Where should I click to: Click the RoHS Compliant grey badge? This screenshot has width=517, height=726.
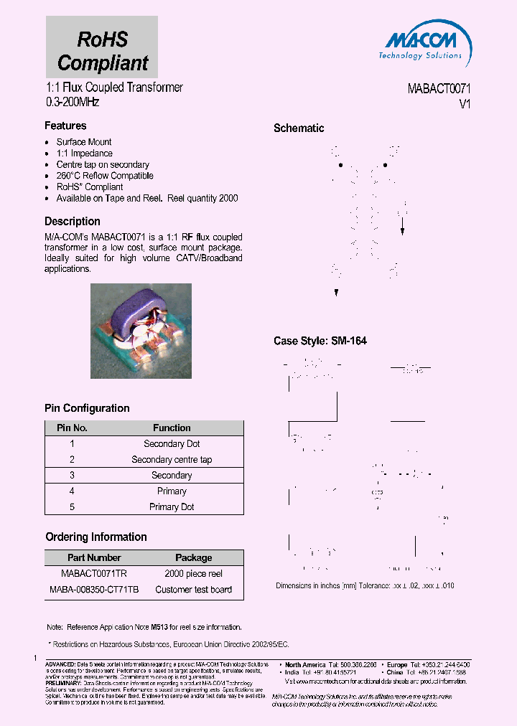coord(102,47)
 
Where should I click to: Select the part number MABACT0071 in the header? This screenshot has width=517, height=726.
coord(439,89)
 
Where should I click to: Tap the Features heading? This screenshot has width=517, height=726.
coord(65,126)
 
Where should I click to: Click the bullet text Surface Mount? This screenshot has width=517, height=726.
coord(84,142)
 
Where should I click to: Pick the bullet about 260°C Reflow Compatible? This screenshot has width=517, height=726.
coord(105,176)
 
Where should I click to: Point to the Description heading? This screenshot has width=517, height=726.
coord(73,222)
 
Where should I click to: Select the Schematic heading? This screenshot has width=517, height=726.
coord(299,128)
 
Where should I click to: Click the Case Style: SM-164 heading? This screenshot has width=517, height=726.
coord(320,341)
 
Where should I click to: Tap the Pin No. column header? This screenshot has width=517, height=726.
coord(72,428)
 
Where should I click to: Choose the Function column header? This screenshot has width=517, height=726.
coord(172,428)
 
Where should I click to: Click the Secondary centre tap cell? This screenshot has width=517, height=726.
coord(172,460)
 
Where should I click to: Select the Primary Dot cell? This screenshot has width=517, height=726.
coord(172,507)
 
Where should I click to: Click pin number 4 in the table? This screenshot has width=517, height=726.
coord(72,491)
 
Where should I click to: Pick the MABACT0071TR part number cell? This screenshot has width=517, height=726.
coord(94,574)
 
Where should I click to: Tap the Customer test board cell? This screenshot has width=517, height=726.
coord(194,590)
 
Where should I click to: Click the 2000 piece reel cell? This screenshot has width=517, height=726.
coord(194,574)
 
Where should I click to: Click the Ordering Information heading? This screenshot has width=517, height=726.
coord(96,537)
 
